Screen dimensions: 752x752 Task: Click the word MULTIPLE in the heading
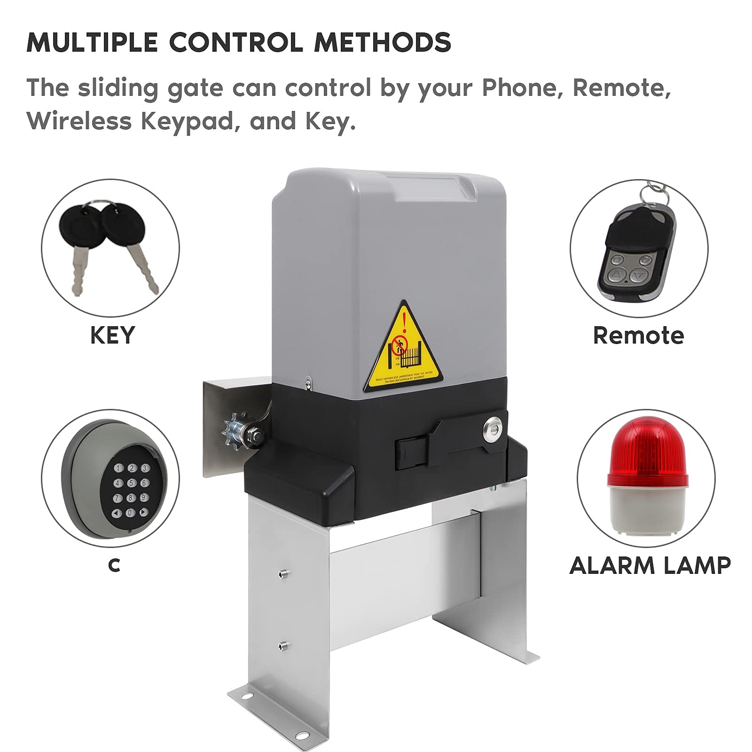92,42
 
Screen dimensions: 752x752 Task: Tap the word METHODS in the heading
382,42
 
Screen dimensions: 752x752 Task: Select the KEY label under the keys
112,336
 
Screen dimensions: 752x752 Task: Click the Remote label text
638,336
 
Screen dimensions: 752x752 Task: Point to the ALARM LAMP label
650,565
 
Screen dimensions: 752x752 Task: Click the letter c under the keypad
114,565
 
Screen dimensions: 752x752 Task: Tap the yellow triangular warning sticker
404,350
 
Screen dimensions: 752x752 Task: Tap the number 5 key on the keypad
131,483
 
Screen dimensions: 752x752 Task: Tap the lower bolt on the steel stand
282,645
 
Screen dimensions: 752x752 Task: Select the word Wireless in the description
79,121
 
